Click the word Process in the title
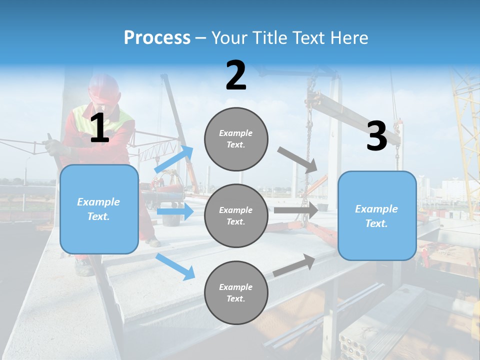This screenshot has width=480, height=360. pyautogui.click(x=157, y=38)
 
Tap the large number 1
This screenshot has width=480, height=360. pyautogui.click(x=99, y=128)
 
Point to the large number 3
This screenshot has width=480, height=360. pyautogui.click(x=376, y=136)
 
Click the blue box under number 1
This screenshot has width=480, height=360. pyautogui.click(x=99, y=209)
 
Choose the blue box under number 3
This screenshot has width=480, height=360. pyautogui.click(x=377, y=215)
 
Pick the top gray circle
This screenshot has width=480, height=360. pyautogui.click(x=236, y=138)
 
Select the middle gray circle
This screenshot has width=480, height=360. pyautogui.click(x=236, y=215)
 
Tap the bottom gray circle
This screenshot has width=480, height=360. pyautogui.click(x=236, y=292)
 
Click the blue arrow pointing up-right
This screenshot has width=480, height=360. pyautogui.click(x=174, y=159)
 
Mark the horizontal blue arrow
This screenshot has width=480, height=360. pyautogui.click(x=175, y=211)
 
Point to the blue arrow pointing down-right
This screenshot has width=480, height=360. pyautogui.click(x=175, y=266)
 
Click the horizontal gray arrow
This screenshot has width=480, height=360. pyautogui.click(x=296, y=210)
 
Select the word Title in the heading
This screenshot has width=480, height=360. pyautogui.click(x=270, y=38)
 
